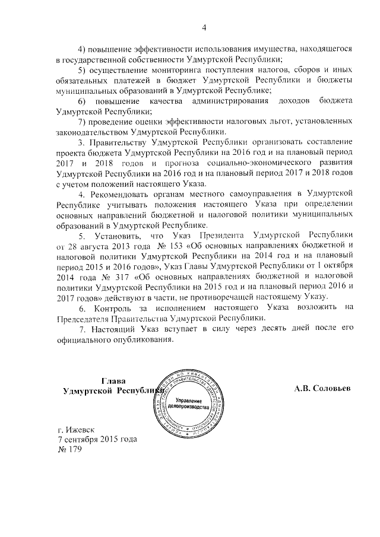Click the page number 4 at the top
(x=204, y=28)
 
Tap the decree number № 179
(x=69, y=450)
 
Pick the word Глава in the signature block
(x=112, y=381)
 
